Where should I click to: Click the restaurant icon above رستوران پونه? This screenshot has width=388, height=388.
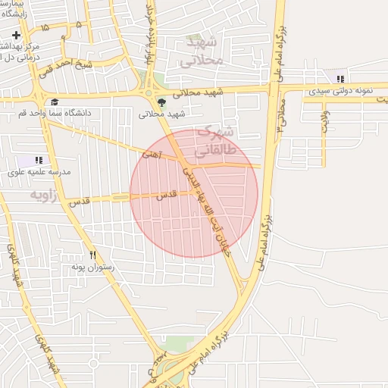click(93, 255)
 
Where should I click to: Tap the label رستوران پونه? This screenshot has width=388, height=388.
click(92, 267)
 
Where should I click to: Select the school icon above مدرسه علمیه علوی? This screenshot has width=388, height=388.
click(38, 160)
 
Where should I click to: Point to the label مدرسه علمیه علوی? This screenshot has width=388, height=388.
click(39, 172)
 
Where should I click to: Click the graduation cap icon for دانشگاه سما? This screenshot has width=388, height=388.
click(55, 102)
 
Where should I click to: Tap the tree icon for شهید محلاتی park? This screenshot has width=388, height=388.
click(161, 102)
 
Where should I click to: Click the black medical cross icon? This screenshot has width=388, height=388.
click(16, 36)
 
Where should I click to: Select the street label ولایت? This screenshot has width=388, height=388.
click(325, 121)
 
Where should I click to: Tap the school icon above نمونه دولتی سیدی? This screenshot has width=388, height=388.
click(341, 78)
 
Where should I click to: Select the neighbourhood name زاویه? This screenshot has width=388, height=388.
click(44, 195)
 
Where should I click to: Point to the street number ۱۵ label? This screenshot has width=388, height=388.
click(46, 27)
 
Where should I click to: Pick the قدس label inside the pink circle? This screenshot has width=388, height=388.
click(166, 195)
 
